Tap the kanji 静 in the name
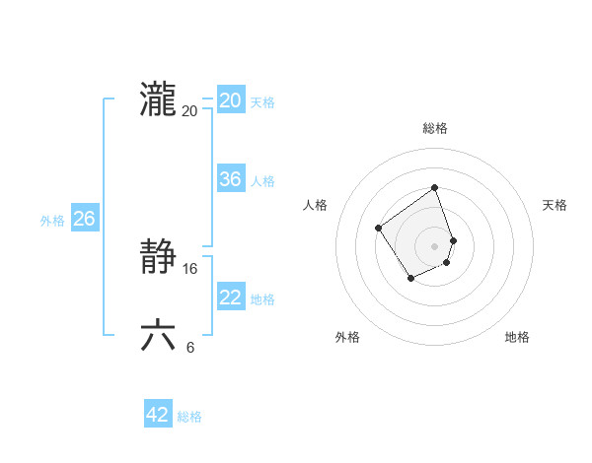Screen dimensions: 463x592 point(159,258)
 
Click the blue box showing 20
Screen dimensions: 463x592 point(230,100)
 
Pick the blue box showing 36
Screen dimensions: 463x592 point(230,179)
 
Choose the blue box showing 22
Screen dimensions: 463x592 point(230,298)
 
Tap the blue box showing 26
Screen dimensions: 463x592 point(84,219)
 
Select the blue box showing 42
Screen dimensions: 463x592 point(158,415)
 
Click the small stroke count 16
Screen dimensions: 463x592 point(190,269)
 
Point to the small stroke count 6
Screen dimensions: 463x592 point(190,347)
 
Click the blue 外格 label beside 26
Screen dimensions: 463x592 point(52,221)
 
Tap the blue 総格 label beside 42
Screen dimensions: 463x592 point(189,417)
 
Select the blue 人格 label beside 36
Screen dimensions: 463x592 point(262,181)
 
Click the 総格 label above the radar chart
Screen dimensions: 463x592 point(435,128)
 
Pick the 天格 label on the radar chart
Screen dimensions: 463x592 point(555,205)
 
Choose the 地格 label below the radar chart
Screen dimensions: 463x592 point(517,337)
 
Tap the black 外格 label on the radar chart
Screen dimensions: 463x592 point(347,337)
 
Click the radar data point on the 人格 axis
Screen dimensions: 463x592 point(379,229)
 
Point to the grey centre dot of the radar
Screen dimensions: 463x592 point(435,245)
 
